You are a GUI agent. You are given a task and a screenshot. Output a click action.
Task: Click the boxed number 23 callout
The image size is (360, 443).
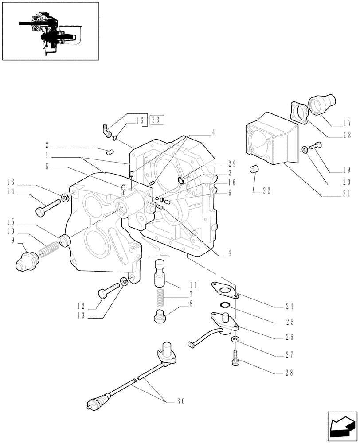tap(157, 119)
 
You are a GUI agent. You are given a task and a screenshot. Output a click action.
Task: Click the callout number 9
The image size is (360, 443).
tap(13, 240)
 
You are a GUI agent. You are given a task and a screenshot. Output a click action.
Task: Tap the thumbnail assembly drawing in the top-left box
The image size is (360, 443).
tap(50, 31)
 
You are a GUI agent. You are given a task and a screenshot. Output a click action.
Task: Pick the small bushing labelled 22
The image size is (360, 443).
tap(254, 170)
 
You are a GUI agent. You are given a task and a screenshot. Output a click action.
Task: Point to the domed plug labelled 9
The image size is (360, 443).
tap(25, 264)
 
